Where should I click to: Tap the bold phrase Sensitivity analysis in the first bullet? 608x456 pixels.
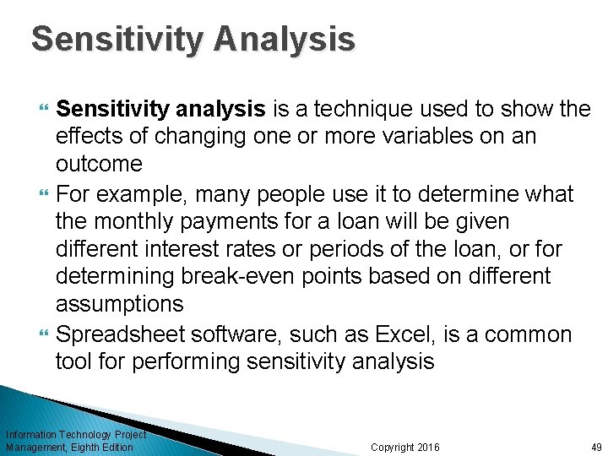(160, 108)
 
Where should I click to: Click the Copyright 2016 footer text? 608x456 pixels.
(404, 447)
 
